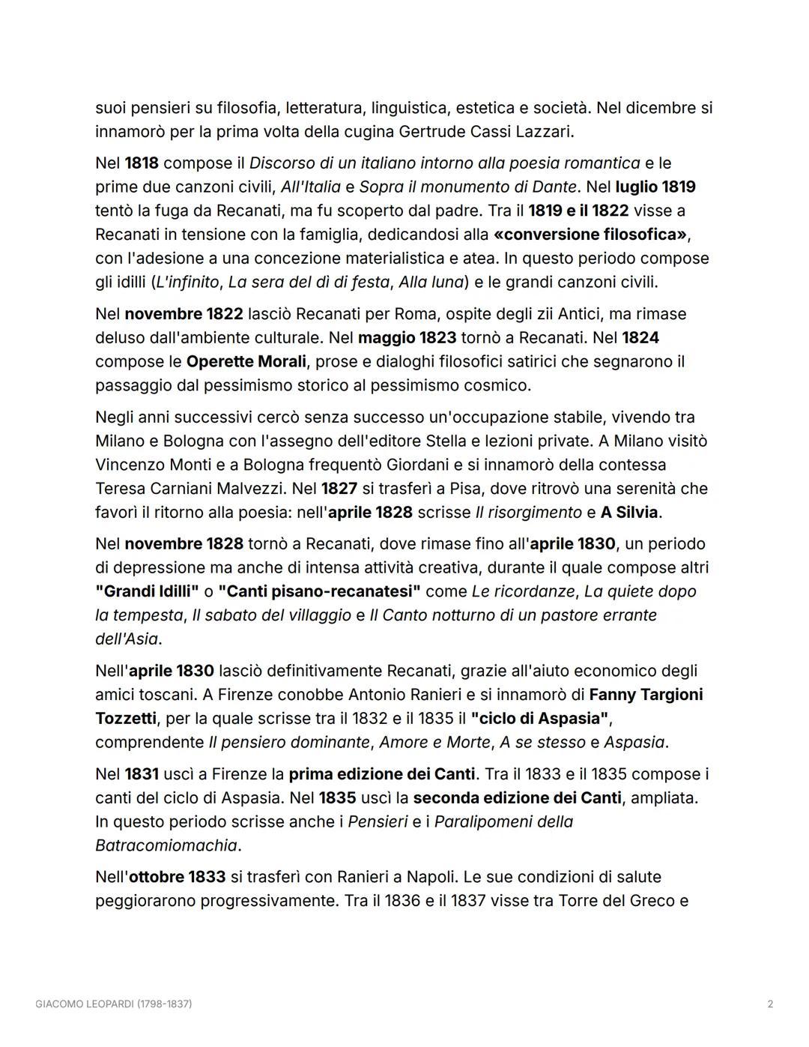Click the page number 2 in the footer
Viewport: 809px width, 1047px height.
point(770,1004)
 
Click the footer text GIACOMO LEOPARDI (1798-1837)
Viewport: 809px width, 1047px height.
point(114,1004)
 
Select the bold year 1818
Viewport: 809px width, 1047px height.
point(142,163)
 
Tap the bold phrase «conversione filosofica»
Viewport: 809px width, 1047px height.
point(590,235)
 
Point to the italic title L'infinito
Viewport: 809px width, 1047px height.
point(187,283)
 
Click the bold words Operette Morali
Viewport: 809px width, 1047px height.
point(246,362)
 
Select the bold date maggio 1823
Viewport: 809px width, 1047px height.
point(407,338)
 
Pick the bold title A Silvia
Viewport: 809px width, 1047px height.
point(629,513)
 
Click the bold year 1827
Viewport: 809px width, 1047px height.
point(339,489)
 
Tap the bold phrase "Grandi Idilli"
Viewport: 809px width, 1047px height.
point(147,591)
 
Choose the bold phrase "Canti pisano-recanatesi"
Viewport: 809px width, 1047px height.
point(319,591)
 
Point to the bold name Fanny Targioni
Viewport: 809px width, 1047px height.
point(646,695)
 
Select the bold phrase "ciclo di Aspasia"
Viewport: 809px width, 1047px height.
point(540,719)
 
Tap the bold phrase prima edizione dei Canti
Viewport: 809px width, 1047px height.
point(382,774)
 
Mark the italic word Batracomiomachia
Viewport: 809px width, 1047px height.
point(166,845)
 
